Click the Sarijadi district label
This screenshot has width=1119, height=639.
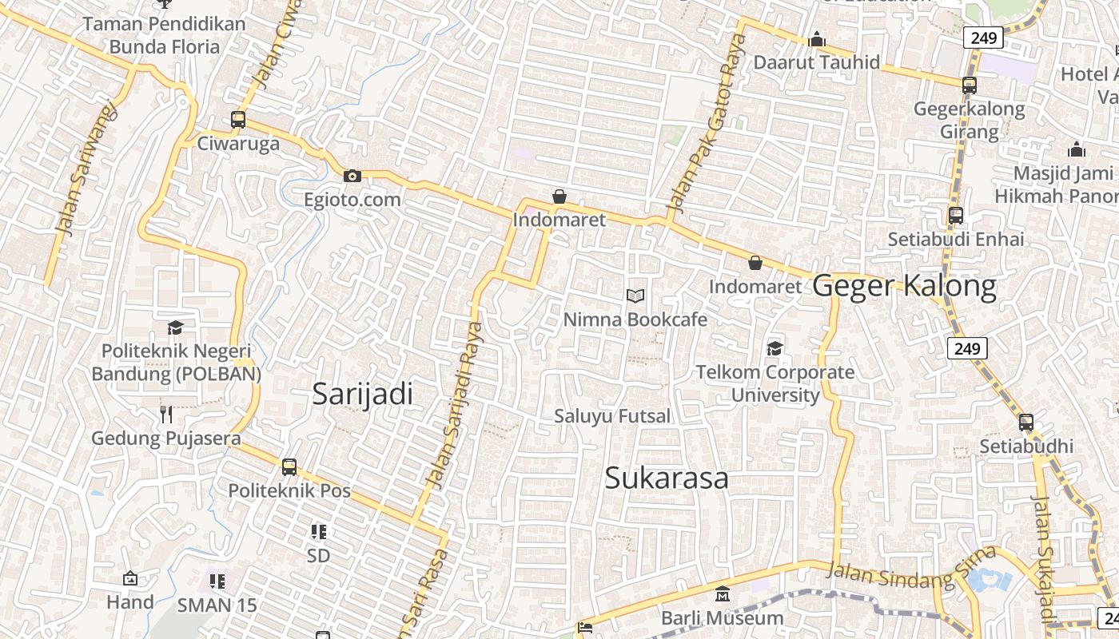(363, 394)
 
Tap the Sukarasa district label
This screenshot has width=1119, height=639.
(667, 478)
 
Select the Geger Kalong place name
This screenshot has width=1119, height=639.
(905, 286)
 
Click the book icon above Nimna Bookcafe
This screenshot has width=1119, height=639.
(635, 296)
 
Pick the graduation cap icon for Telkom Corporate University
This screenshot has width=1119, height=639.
(775, 348)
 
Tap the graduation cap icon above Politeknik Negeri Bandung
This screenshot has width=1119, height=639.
(176, 327)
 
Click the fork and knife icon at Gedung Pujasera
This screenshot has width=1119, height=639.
(166, 414)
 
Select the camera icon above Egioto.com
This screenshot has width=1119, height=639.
(352, 177)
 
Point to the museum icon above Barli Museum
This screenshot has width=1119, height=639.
(723, 594)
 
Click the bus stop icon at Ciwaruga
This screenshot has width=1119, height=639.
(238, 120)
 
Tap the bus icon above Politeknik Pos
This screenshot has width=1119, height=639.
(289, 467)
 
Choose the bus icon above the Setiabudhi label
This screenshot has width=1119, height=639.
(1026, 423)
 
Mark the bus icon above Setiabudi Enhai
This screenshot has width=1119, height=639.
(956, 215)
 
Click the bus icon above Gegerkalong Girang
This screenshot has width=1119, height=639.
(970, 85)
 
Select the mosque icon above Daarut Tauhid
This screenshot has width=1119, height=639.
(817, 39)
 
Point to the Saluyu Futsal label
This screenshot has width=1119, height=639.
(613, 416)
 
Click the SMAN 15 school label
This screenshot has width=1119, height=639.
(217, 605)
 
